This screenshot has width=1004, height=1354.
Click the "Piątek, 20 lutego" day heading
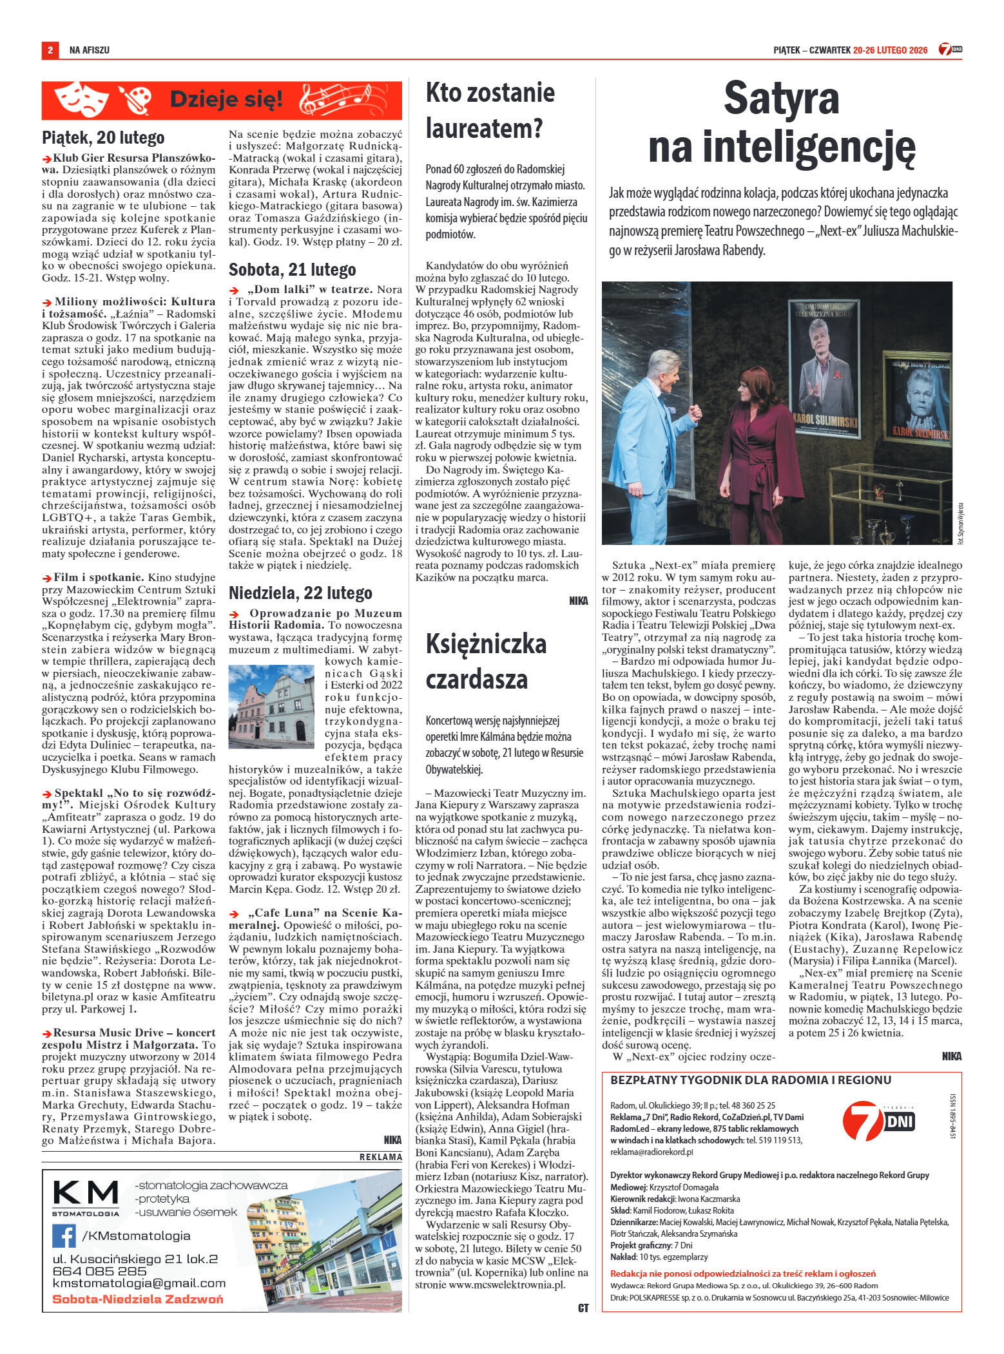[x=103, y=137]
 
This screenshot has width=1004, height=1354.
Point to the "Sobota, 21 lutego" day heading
[x=292, y=269]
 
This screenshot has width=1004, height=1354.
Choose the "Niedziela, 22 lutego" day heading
[x=300, y=592]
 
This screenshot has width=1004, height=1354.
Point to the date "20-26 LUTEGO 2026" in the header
[x=889, y=50]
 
